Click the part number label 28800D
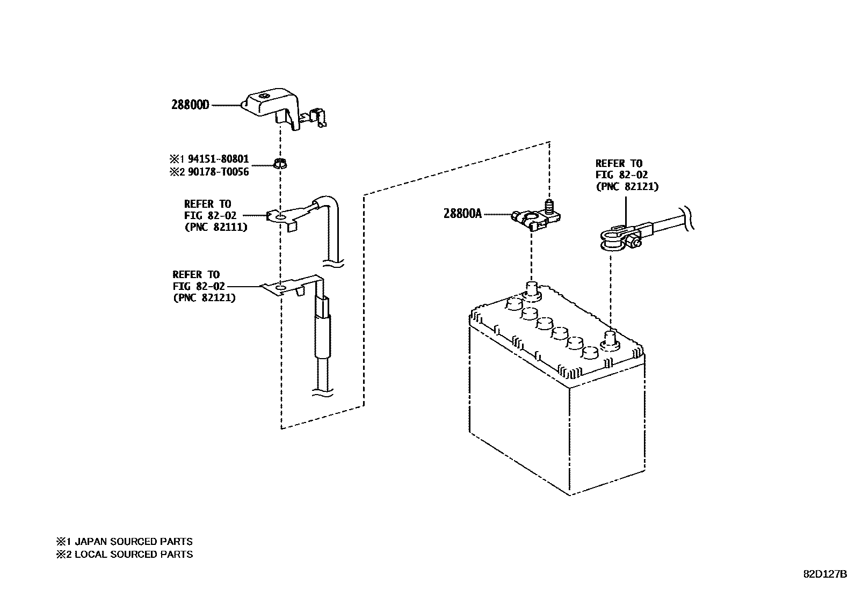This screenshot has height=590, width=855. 190,105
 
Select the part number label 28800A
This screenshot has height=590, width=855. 462,214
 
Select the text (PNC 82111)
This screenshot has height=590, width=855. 216,227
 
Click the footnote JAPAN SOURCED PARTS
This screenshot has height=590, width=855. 133,542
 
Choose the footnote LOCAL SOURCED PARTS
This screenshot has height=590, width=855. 133,555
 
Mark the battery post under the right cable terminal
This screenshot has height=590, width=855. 610,339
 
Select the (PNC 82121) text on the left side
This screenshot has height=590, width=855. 204,297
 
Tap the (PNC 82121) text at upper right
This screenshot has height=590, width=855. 627,186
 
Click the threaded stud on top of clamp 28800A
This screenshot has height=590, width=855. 549,206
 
